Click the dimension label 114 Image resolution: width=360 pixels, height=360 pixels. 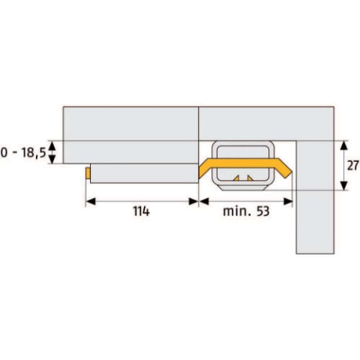141,211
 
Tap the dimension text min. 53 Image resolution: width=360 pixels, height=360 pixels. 246,211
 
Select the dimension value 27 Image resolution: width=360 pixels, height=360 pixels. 353,165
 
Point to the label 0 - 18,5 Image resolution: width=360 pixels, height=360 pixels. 23,152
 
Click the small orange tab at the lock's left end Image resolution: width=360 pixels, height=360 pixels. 88,173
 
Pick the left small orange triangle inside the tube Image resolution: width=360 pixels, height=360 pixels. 236,178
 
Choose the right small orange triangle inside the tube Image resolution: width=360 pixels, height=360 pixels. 250,178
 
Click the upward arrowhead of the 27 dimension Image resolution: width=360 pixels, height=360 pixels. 344,145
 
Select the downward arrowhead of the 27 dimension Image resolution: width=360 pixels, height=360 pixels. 344,186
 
